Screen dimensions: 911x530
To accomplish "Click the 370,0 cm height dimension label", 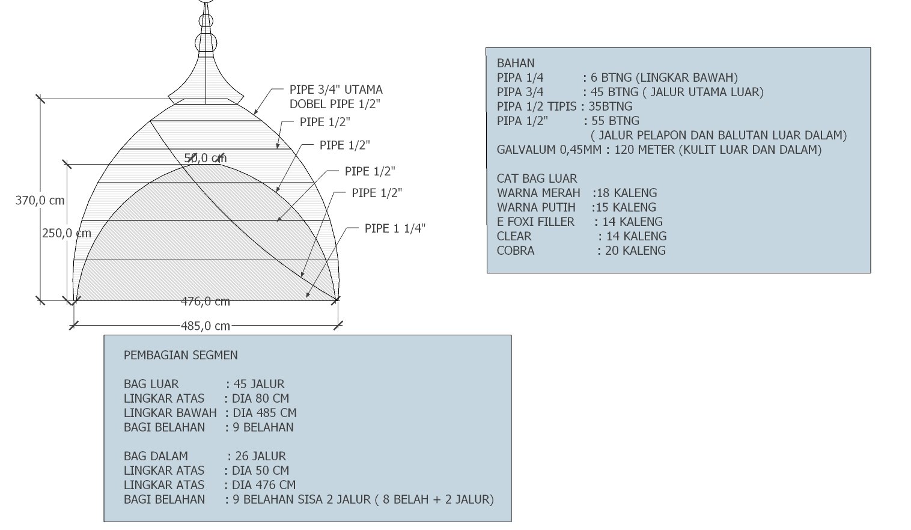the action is [x=40, y=200].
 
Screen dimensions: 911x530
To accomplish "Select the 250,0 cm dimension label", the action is [x=67, y=233].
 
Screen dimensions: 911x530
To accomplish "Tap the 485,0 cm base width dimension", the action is [x=206, y=326].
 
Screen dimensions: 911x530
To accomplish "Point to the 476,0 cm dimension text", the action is [x=206, y=302].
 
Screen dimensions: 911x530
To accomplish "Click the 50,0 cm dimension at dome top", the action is [x=206, y=158].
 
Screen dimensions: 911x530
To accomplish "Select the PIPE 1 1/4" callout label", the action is [x=395, y=228].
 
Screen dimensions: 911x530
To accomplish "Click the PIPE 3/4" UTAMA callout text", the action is [x=336, y=90].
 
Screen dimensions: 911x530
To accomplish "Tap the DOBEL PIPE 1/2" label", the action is [x=335, y=104].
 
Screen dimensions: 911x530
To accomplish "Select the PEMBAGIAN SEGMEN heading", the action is [x=180, y=355].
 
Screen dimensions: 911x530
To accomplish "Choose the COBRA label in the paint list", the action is [x=516, y=251].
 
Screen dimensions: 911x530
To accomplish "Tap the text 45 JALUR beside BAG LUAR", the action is [x=259, y=384].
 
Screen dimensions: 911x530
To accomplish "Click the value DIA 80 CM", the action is [x=260, y=398].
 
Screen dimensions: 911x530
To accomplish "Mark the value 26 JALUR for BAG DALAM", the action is [x=261, y=456].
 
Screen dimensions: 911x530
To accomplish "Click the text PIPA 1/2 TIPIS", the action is [x=537, y=106].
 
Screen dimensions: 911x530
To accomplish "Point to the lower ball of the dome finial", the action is [x=206, y=42].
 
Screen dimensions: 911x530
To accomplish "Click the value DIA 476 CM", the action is [x=264, y=485].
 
